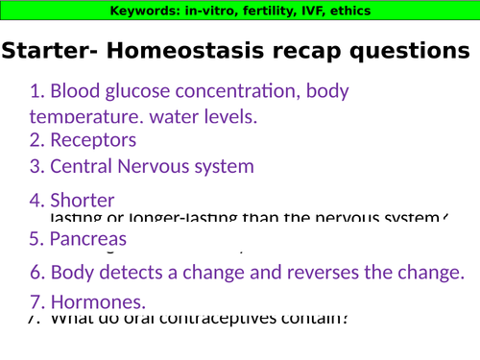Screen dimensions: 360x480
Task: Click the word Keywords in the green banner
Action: pyautogui.click(x=142, y=12)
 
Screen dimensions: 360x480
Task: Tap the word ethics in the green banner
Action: pyautogui.click(x=347, y=12)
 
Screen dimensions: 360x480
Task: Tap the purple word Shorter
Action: pyautogui.click(x=83, y=201)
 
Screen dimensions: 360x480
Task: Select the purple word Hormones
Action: pyautogui.click(x=98, y=300)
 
